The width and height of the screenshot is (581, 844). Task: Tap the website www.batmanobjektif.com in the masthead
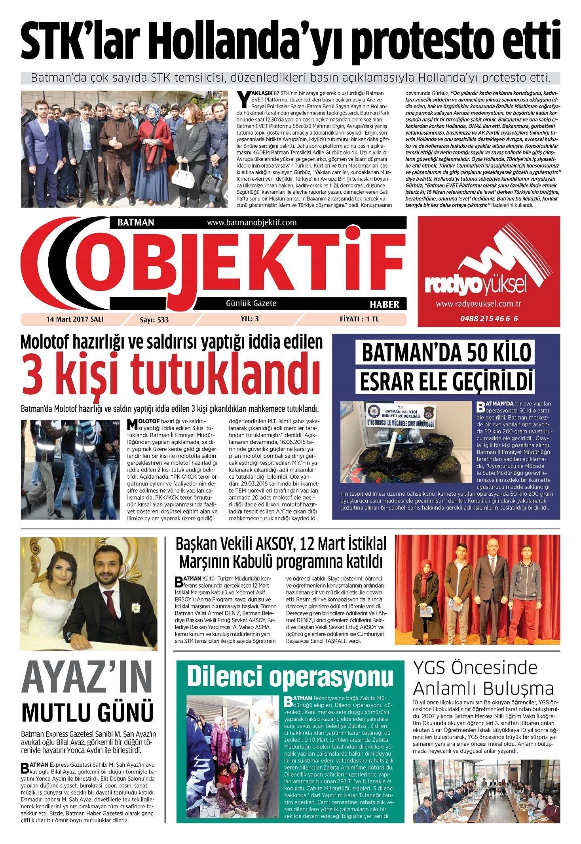pos(252,222)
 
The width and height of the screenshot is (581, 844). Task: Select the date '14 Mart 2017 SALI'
pos(75,319)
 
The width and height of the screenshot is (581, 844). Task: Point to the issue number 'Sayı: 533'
pos(154,320)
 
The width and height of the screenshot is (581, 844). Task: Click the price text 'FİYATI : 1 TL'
pos(359,319)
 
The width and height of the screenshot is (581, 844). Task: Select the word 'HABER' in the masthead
pos(384,304)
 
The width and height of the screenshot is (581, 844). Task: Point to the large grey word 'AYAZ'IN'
pos(87,679)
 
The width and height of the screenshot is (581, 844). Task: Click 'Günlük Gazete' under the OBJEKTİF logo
pos(251,304)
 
